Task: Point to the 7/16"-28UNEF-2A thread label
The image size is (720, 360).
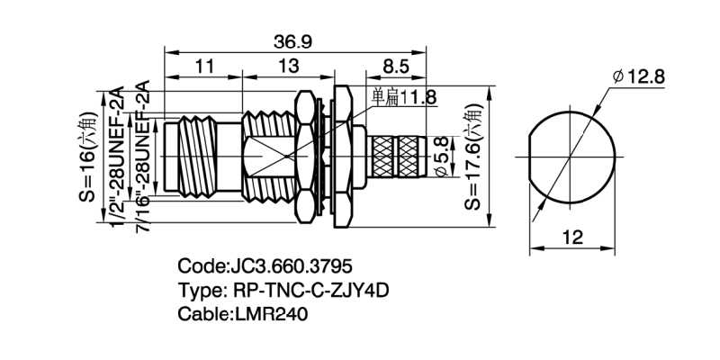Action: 141,157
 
